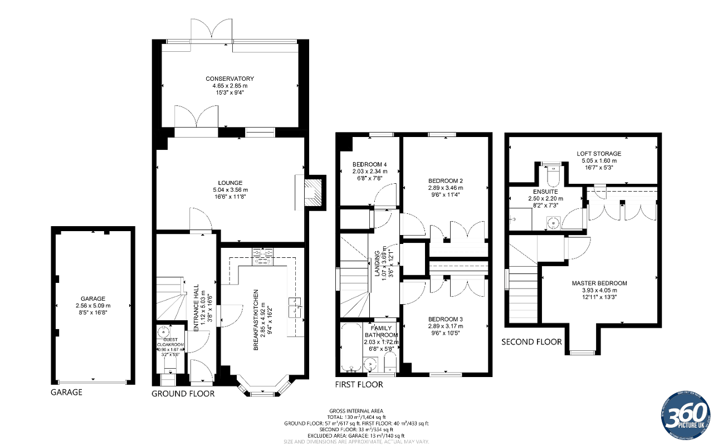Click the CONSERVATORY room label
coord(229,79)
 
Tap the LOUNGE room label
coord(230,183)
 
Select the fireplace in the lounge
coord(315,192)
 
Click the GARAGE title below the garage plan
coord(66,392)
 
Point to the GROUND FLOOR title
coord(183,394)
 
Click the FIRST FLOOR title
coord(359,384)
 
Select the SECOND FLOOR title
coord(531,341)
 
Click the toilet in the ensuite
coord(553,175)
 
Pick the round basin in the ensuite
coord(552,223)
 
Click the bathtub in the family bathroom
coord(350,348)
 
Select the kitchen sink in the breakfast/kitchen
coord(294,307)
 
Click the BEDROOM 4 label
coord(369,164)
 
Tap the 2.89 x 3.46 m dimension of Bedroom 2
coord(446,188)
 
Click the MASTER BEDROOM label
coord(599,283)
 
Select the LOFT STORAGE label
coord(599,153)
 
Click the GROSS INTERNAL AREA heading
coord(356,411)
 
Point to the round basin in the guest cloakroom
coord(164,333)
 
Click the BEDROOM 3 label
coord(446,319)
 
